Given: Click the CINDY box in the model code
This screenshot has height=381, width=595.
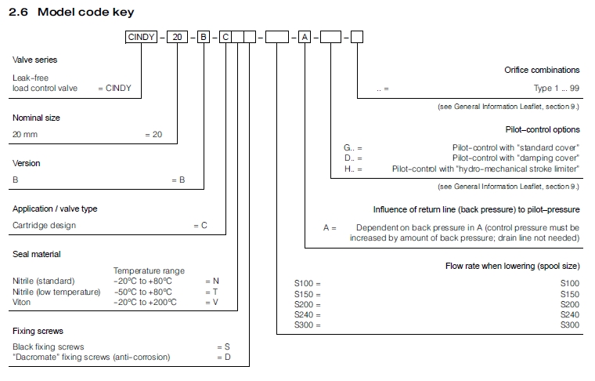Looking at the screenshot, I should tap(142, 37).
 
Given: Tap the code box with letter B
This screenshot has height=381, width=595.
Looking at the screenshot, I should tap(204, 37).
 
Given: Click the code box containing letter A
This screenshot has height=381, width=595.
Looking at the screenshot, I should tap(305, 37).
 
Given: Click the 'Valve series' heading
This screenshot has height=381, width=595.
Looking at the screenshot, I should tap(34, 60).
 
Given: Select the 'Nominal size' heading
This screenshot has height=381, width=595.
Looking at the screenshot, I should tap(36, 118).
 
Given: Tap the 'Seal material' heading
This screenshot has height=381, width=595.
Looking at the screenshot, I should tap(36, 254).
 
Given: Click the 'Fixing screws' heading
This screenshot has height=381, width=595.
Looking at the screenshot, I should tap(38, 331).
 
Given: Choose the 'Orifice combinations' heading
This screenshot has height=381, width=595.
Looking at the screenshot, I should tap(542, 70).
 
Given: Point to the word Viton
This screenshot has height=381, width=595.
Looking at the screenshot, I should tap(22, 302).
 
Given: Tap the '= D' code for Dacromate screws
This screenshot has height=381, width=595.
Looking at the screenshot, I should tap(223, 357).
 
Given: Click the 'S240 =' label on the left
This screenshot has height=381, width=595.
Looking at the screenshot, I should tap(307, 314).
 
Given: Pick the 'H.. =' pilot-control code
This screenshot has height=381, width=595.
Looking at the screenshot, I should tap(353, 169).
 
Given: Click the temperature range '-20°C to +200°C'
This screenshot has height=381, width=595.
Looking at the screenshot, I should tap(145, 302).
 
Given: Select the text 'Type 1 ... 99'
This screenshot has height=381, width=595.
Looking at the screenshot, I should tap(557, 89).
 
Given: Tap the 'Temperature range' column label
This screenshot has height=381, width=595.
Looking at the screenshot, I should tap(149, 270).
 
